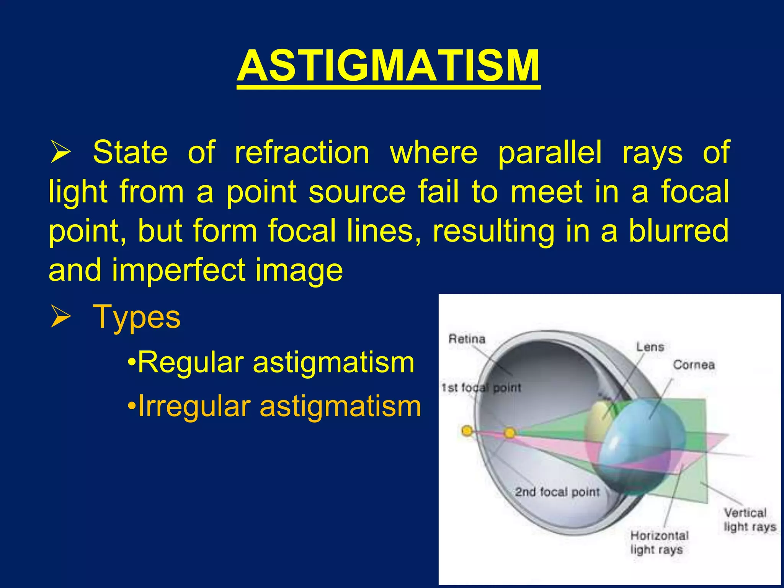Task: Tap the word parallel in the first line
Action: tap(550, 153)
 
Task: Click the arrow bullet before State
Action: tap(60, 153)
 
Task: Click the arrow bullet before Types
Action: tap(60, 318)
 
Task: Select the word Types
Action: tap(136, 317)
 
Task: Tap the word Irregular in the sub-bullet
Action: tap(194, 406)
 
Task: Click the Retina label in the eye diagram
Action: tap(467, 339)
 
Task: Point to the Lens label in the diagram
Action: tap(650, 347)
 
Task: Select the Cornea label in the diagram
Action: tap(694, 364)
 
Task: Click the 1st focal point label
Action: tap(481, 388)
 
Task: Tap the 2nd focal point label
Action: tap(557, 492)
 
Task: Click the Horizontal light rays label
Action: tap(659, 542)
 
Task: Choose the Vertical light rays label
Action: tap(749, 520)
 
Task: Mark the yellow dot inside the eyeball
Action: tap(510, 433)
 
